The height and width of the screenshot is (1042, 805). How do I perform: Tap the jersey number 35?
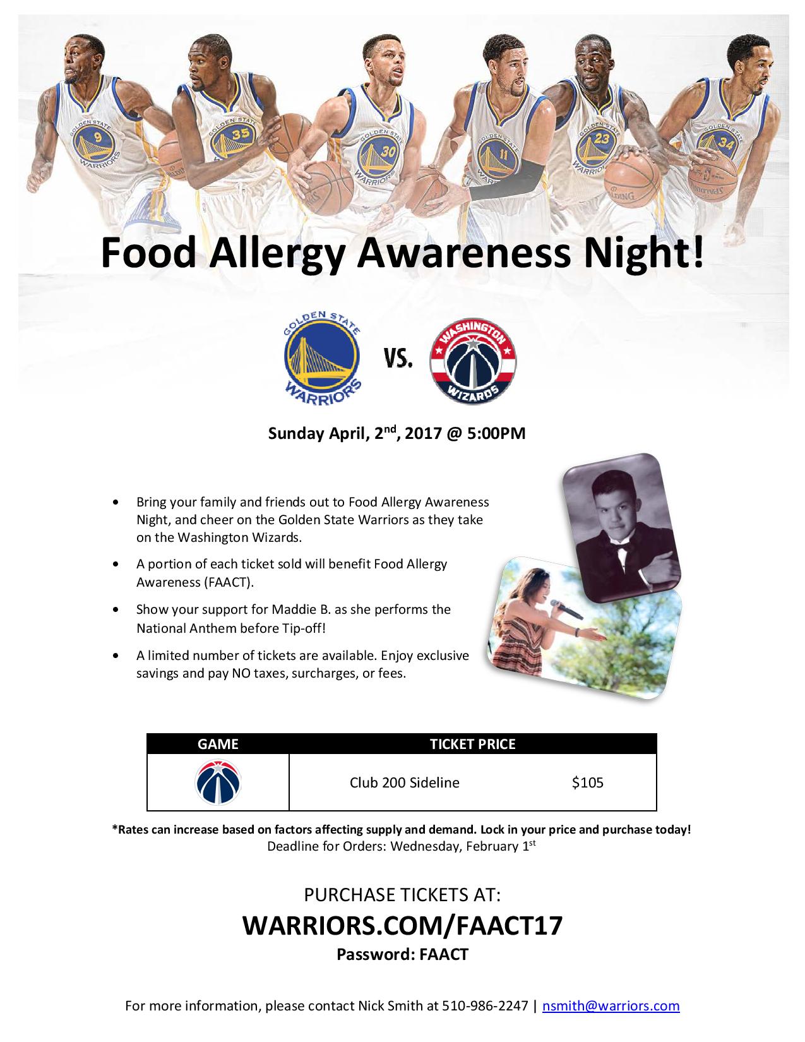[x=240, y=135]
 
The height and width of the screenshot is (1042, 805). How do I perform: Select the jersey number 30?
[x=388, y=152]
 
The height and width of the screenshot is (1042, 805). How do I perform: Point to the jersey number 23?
[x=602, y=139]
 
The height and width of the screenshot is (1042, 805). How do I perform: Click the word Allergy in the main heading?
[x=278, y=254]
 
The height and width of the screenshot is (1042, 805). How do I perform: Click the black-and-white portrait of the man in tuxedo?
[x=621, y=528]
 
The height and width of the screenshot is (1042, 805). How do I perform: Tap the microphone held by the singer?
[x=566, y=609]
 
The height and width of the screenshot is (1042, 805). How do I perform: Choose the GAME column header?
[x=218, y=744]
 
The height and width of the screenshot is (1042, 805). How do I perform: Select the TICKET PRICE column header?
[x=472, y=744]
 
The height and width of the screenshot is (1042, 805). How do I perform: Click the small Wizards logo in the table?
[x=218, y=782]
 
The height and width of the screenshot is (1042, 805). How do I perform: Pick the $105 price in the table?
[x=587, y=782]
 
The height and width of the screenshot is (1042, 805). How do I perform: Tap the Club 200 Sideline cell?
[x=404, y=782]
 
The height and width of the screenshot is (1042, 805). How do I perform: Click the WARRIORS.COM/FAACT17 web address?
[x=402, y=925]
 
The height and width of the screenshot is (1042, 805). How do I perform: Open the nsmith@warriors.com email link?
[x=611, y=1005]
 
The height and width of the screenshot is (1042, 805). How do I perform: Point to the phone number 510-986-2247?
[x=485, y=1005]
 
